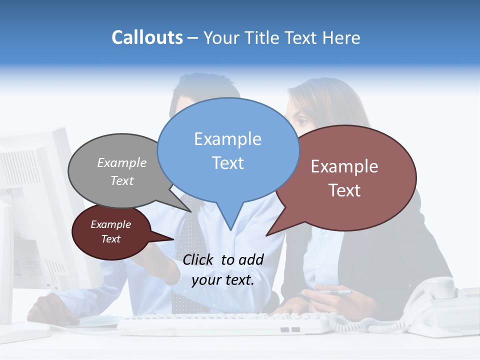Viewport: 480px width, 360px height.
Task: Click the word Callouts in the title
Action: (x=147, y=37)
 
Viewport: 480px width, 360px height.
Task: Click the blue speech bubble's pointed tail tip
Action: (x=230, y=230)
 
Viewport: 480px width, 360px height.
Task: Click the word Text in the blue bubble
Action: (x=227, y=163)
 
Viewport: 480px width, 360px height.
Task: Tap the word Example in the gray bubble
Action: (x=122, y=162)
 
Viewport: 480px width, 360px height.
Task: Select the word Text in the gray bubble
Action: (x=122, y=180)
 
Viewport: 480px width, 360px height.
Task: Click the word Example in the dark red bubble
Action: (x=110, y=224)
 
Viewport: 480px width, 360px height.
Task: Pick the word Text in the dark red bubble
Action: (x=110, y=239)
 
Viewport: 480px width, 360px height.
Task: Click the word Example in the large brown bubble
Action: (x=344, y=166)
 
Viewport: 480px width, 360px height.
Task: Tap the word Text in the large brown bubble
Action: (x=344, y=190)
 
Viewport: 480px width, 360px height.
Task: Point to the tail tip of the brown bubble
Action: (x=266, y=235)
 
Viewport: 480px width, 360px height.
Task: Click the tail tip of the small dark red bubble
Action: (x=173, y=239)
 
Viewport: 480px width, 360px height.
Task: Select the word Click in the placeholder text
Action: (x=198, y=259)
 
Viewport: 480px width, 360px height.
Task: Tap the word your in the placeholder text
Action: (x=206, y=280)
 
